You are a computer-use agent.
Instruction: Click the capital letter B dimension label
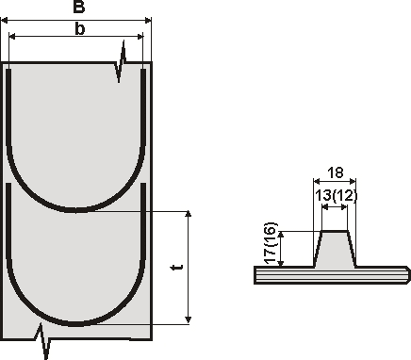point(79,7)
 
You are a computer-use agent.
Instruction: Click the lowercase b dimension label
point(80,29)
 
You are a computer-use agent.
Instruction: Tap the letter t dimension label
point(177,268)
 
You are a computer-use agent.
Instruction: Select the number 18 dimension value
point(336,172)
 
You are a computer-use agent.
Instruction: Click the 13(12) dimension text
point(336,196)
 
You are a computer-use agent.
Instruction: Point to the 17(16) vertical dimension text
point(271,243)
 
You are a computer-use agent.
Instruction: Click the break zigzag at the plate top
point(121,62)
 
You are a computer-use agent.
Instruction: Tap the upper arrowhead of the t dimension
point(189,214)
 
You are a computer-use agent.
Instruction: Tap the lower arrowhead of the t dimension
point(189,320)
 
